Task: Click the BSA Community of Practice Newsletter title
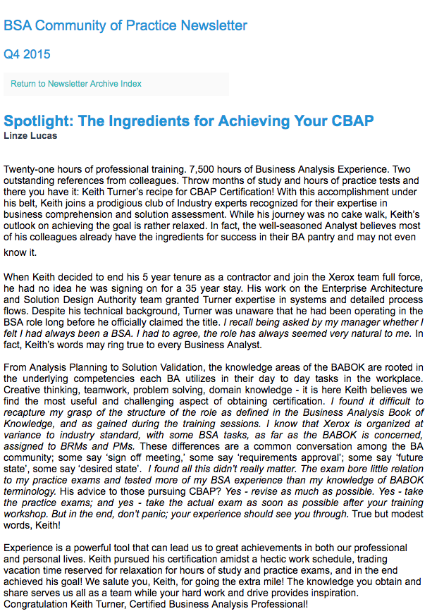(125, 26)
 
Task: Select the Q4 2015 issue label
(27, 54)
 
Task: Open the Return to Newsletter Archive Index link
(76, 84)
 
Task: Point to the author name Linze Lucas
(30, 135)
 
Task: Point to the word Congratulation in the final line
(40, 604)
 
